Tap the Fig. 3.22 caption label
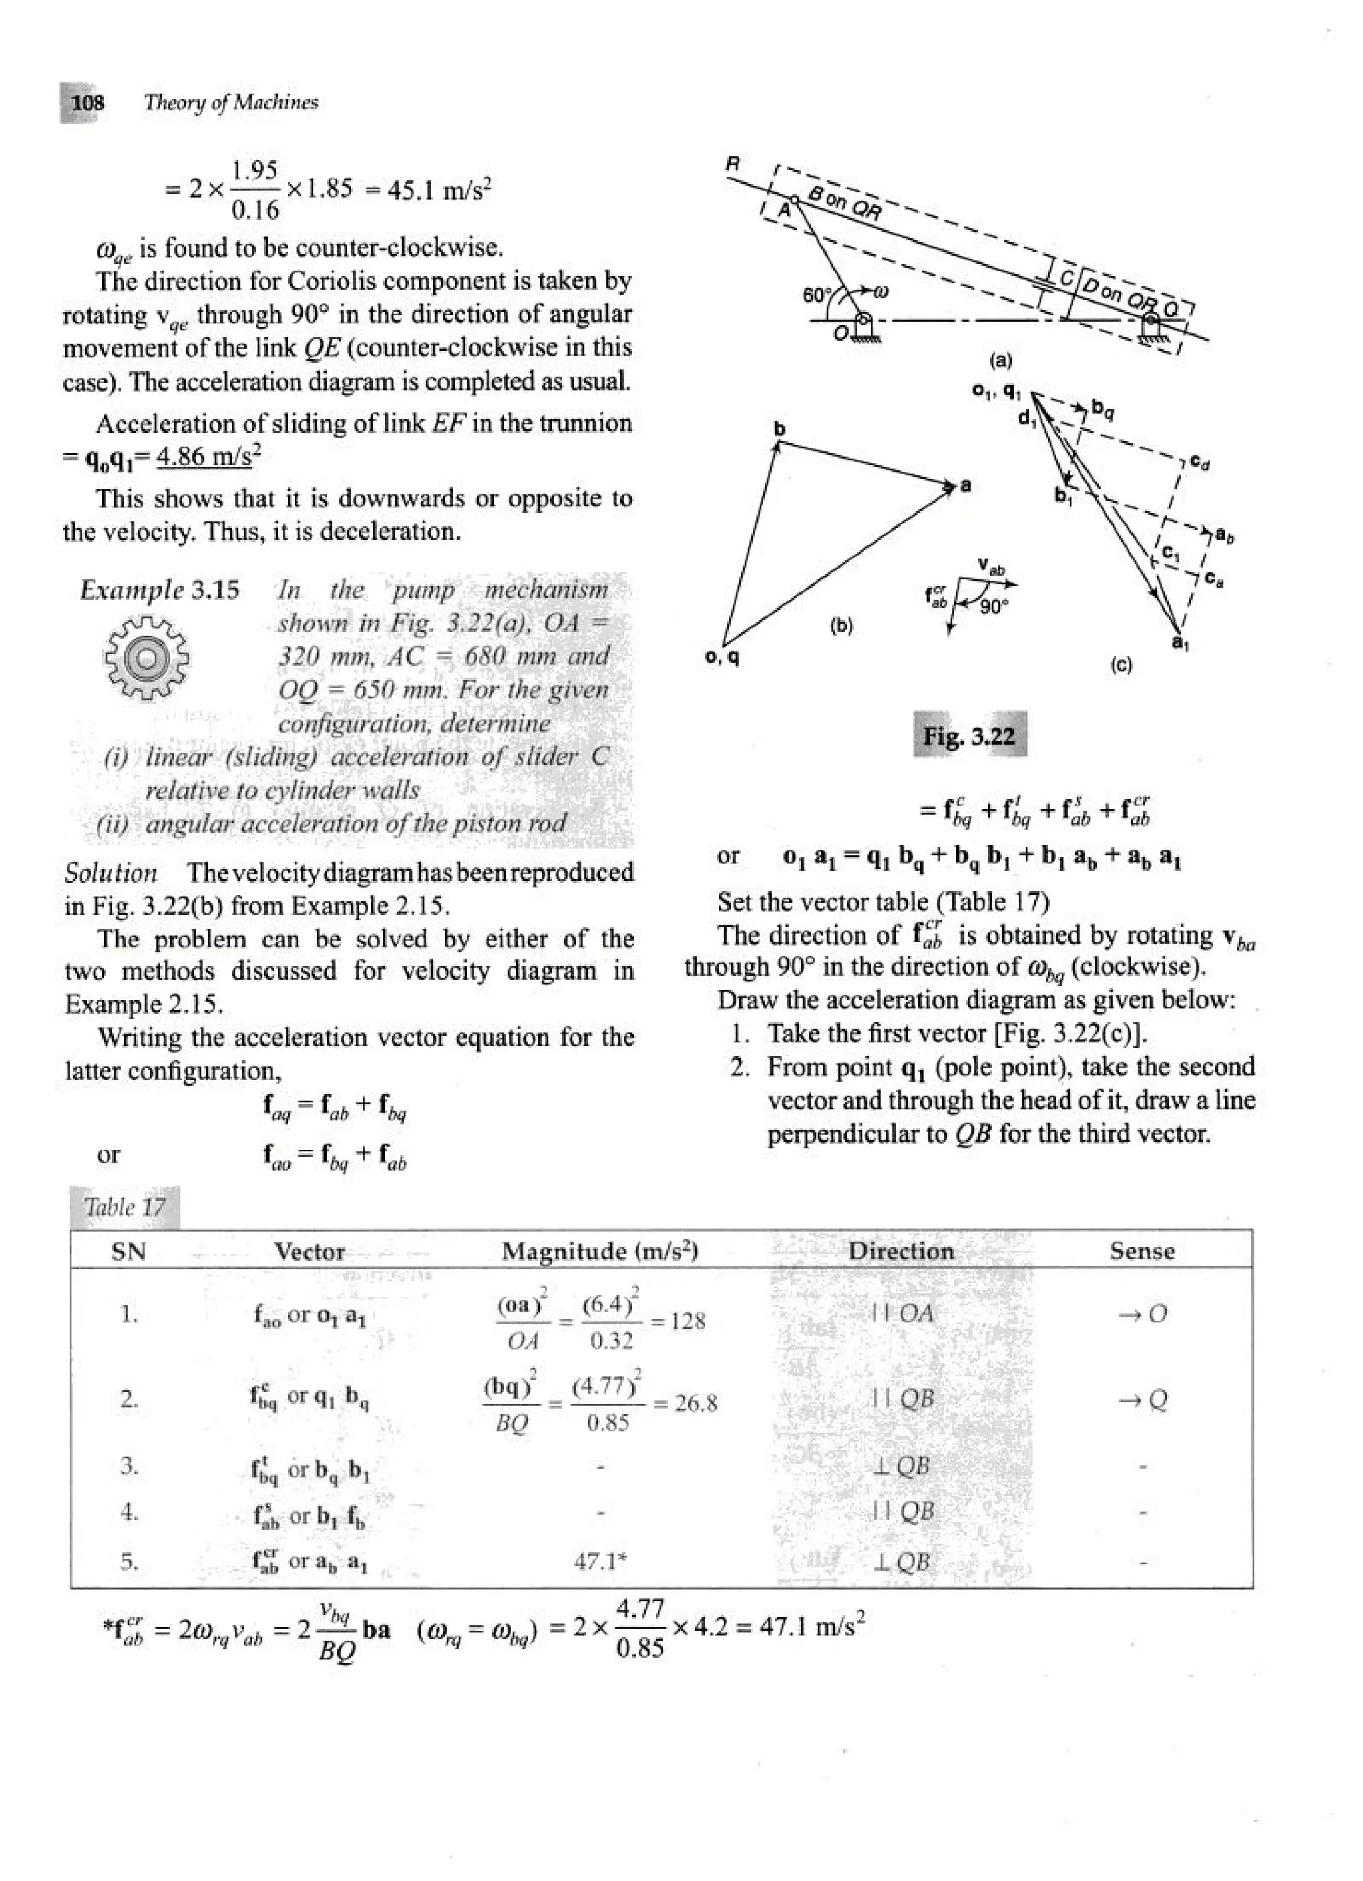[x=969, y=735]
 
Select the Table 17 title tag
[x=124, y=1207]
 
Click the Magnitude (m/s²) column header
[x=600, y=1251]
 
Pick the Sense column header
[x=1141, y=1251]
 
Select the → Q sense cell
[x=1141, y=1401]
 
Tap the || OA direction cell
[x=902, y=1313]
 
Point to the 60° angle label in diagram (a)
[x=816, y=294]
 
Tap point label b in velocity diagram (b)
[x=779, y=428]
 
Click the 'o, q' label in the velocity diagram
[x=722, y=657]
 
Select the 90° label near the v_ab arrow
[x=993, y=606]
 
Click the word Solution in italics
[x=111, y=873]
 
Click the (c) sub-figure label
[x=1120, y=664]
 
